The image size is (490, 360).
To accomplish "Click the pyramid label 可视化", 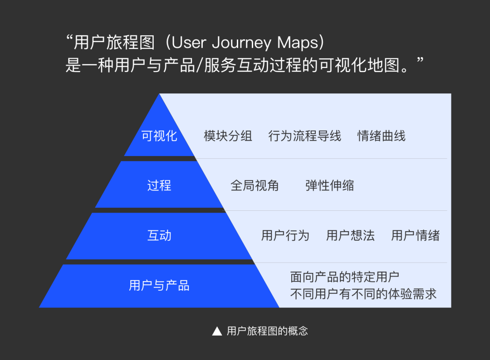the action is [x=159, y=136].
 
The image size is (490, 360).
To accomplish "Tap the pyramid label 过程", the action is [x=159, y=185].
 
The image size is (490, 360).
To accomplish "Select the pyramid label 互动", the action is [x=159, y=235].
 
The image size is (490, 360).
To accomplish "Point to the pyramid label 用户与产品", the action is [x=159, y=285].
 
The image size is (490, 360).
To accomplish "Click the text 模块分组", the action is [x=228, y=136].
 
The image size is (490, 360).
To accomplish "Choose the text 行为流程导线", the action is [x=305, y=136].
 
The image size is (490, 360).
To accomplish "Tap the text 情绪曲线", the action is [x=381, y=136].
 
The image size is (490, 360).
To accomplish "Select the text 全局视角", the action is [x=255, y=185].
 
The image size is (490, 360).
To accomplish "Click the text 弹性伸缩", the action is [x=330, y=185].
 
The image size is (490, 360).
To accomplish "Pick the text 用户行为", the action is [x=285, y=235].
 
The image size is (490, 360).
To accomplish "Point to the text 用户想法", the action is [x=350, y=235].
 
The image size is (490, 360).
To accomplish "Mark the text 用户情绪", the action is [x=415, y=235].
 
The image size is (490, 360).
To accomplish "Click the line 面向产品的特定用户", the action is [x=345, y=277].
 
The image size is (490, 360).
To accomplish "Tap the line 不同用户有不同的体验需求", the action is [x=363, y=294].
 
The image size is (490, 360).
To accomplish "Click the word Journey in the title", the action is [x=242, y=43].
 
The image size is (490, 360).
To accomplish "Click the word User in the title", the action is [x=189, y=43].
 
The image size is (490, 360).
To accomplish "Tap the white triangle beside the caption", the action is [x=217, y=331].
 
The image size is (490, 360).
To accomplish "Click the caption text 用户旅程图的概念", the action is [x=268, y=331].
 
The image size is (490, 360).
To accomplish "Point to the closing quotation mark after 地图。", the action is [x=420, y=59].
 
